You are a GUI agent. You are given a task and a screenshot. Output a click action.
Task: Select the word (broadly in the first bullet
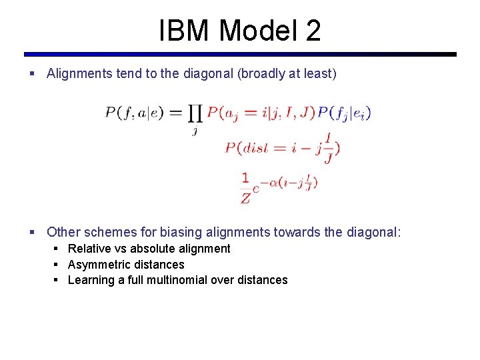261,74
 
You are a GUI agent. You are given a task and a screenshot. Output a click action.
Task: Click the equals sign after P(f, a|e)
176,113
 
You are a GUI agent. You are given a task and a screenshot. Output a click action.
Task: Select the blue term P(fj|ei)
344,113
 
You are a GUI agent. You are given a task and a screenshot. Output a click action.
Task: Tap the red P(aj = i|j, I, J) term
261,113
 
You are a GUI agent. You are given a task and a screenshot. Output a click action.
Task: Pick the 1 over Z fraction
245,187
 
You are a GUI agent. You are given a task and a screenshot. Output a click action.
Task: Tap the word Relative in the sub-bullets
89,249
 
